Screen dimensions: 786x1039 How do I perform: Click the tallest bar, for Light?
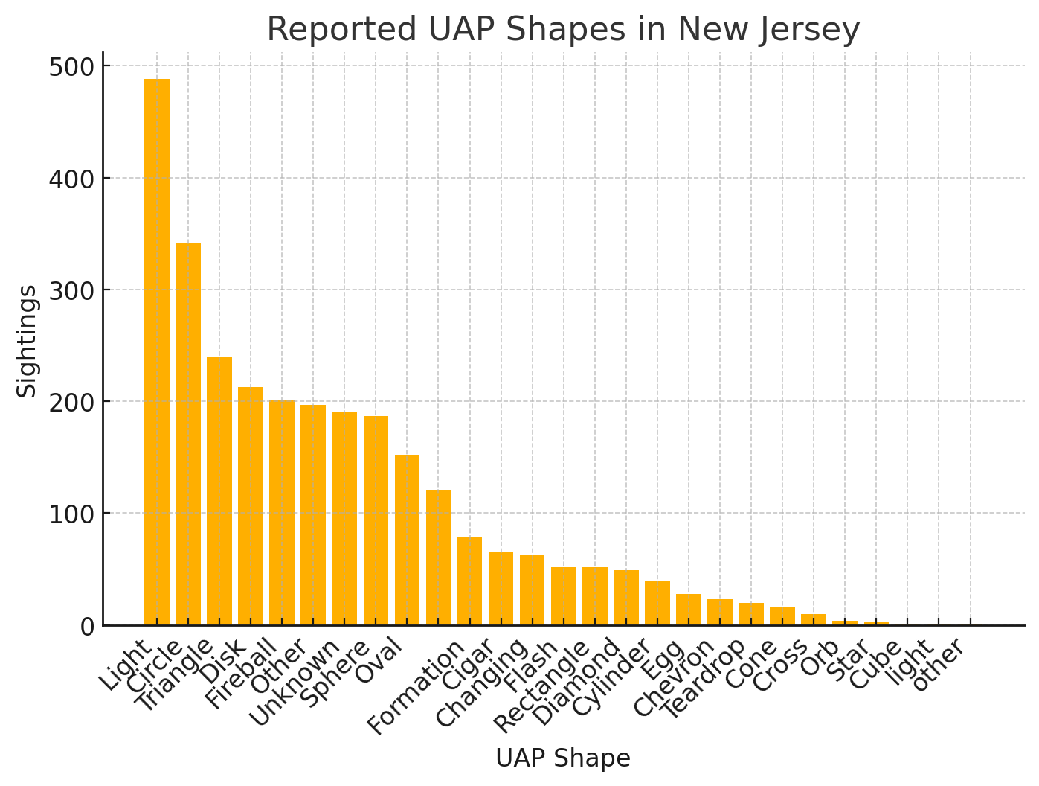(x=157, y=352)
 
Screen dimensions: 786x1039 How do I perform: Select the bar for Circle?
(x=188, y=434)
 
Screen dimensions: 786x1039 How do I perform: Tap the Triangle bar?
(x=219, y=491)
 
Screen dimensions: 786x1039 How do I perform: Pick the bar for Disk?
(x=251, y=506)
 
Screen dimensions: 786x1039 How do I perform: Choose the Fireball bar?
(x=282, y=513)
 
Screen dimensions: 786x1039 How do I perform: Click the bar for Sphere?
(x=376, y=520)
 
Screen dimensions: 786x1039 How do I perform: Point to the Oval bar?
(x=407, y=540)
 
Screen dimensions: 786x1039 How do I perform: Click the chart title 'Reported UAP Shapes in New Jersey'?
(x=563, y=30)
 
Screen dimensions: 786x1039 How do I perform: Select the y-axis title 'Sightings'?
(x=27, y=341)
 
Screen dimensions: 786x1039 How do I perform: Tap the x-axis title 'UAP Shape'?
(x=563, y=758)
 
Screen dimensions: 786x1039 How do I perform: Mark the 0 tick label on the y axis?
(x=87, y=626)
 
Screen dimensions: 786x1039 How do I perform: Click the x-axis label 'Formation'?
(x=416, y=688)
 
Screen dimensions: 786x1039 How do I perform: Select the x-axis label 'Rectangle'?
(x=541, y=686)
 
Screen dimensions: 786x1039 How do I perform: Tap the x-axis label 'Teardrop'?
(x=703, y=679)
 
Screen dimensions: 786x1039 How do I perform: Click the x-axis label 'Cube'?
(x=875, y=664)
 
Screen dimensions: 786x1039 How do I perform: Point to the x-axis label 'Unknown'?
(x=294, y=682)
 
